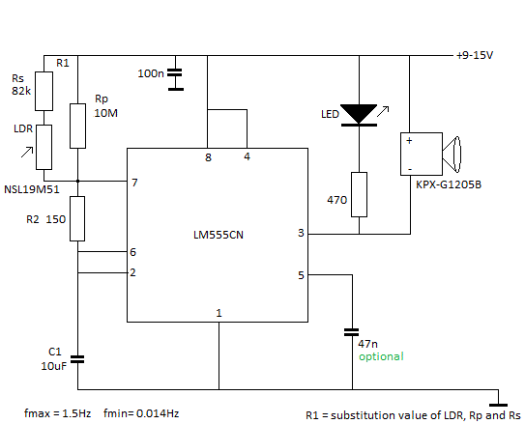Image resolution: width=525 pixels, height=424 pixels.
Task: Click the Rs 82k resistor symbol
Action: point(44,91)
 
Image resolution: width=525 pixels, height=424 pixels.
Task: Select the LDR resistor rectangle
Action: point(44,147)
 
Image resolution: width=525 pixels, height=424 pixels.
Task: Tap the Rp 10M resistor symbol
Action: point(77,126)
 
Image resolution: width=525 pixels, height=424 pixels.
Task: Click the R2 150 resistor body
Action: point(77,218)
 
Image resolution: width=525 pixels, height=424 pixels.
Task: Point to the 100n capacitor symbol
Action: point(176,79)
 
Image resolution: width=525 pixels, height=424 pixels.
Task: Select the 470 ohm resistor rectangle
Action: point(359,194)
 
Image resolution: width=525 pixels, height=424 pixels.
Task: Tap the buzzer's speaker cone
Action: point(452,155)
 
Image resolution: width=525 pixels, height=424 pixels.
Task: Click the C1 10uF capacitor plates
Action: point(77,359)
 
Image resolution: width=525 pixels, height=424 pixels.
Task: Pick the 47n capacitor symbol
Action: point(352,332)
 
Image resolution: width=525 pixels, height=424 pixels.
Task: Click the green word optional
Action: point(381,356)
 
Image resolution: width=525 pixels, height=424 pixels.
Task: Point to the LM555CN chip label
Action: point(219,235)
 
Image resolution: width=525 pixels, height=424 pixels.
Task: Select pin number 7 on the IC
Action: point(134,183)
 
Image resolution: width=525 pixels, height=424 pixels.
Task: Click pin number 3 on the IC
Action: point(301,233)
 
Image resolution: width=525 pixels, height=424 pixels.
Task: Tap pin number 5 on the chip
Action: point(301,275)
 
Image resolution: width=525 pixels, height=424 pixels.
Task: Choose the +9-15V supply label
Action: point(475,55)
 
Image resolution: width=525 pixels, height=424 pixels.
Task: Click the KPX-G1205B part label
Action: point(449,184)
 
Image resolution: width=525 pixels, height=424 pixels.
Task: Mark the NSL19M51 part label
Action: point(32,189)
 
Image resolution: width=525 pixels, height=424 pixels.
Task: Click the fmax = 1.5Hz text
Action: point(58,413)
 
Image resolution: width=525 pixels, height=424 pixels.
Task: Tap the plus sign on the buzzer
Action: point(409,140)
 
